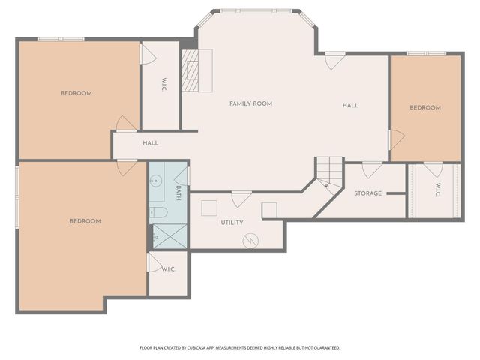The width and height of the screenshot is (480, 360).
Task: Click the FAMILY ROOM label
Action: pos(250,103)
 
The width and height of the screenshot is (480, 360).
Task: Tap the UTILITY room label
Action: pos(232,223)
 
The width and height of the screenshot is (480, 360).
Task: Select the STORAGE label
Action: pos(368,193)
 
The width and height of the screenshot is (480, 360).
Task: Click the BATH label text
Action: pos(178,193)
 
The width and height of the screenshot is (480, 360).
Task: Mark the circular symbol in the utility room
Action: pos(250,241)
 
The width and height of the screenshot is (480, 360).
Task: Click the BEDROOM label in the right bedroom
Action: pos(425,108)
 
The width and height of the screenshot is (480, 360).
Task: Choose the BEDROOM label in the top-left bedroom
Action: pos(76,93)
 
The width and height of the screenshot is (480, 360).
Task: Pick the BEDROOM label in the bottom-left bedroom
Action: pos(85,221)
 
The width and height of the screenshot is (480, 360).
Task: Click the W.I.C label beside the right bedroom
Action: pos(438,190)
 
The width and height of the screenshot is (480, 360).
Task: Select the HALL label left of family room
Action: pos(151,142)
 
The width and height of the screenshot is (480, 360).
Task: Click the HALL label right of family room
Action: pos(350,105)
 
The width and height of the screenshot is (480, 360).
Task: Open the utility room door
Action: pos(241,198)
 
